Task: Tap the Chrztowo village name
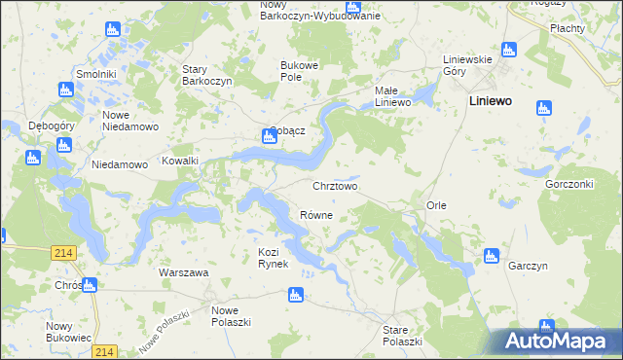click(x=335, y=185)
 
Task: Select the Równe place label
click(x=316, y=215)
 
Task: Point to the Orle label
click(x=436, y=206)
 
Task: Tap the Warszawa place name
click(x=184, y=272)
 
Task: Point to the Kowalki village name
click(x=180, y=161)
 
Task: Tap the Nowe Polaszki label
click(x=232, y=316)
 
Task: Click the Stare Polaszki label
click(x=402, y=337)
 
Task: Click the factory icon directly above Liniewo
click(x=507, y=50)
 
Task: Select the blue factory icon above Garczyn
click(x=491, y=257)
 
